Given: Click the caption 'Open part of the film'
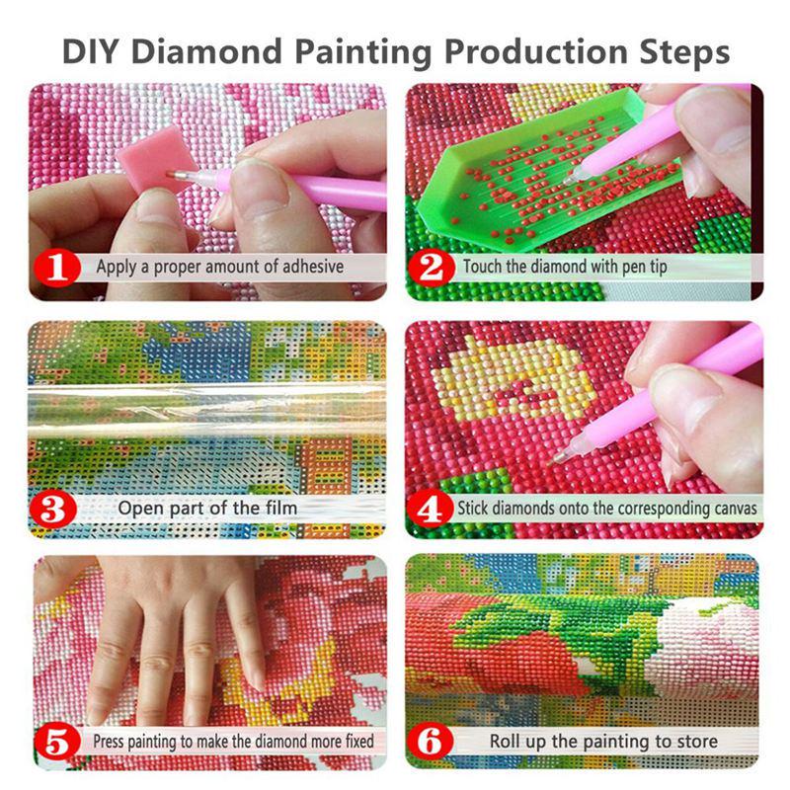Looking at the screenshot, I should click(207, 509).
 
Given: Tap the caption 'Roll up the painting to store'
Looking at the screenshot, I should click(603, 740).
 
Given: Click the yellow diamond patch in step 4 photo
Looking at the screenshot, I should click(513, 380).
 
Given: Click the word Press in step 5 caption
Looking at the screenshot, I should click(112, 740).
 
